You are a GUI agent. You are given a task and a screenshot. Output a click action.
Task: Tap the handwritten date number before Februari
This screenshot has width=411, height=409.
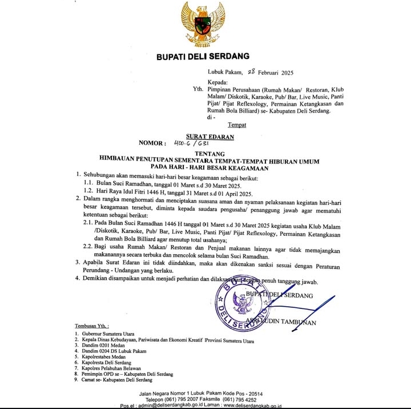(253, 72)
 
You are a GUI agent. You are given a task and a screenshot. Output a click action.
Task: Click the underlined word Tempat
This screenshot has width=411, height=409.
(237, 125)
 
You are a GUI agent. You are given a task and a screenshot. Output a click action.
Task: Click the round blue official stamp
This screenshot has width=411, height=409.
(246, 308)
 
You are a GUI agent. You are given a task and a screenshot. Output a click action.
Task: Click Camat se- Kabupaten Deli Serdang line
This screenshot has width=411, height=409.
(116, 379)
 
